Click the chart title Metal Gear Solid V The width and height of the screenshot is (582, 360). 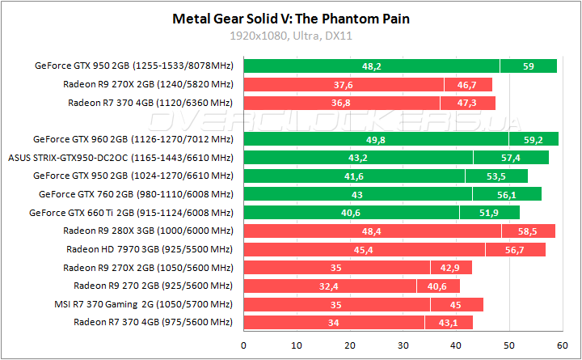click(290, 18)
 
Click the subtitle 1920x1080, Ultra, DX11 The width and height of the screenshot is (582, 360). click(290, 36)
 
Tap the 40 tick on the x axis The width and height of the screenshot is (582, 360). click(455, 345)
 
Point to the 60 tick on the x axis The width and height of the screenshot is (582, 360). click(561, 345)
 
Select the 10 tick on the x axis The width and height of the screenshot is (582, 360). click(297, 345)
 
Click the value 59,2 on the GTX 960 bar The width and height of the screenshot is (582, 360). click(533, 139)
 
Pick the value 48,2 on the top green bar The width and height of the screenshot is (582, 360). click(372, 66)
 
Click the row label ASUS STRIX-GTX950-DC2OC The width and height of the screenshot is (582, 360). click(120, 157)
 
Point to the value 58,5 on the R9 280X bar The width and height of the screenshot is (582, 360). click(528, 231)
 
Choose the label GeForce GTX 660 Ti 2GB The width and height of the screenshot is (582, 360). click(131, 212)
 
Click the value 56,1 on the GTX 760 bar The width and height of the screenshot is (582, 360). click(507, 194)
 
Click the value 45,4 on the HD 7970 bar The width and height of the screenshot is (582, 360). click(364, 249)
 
